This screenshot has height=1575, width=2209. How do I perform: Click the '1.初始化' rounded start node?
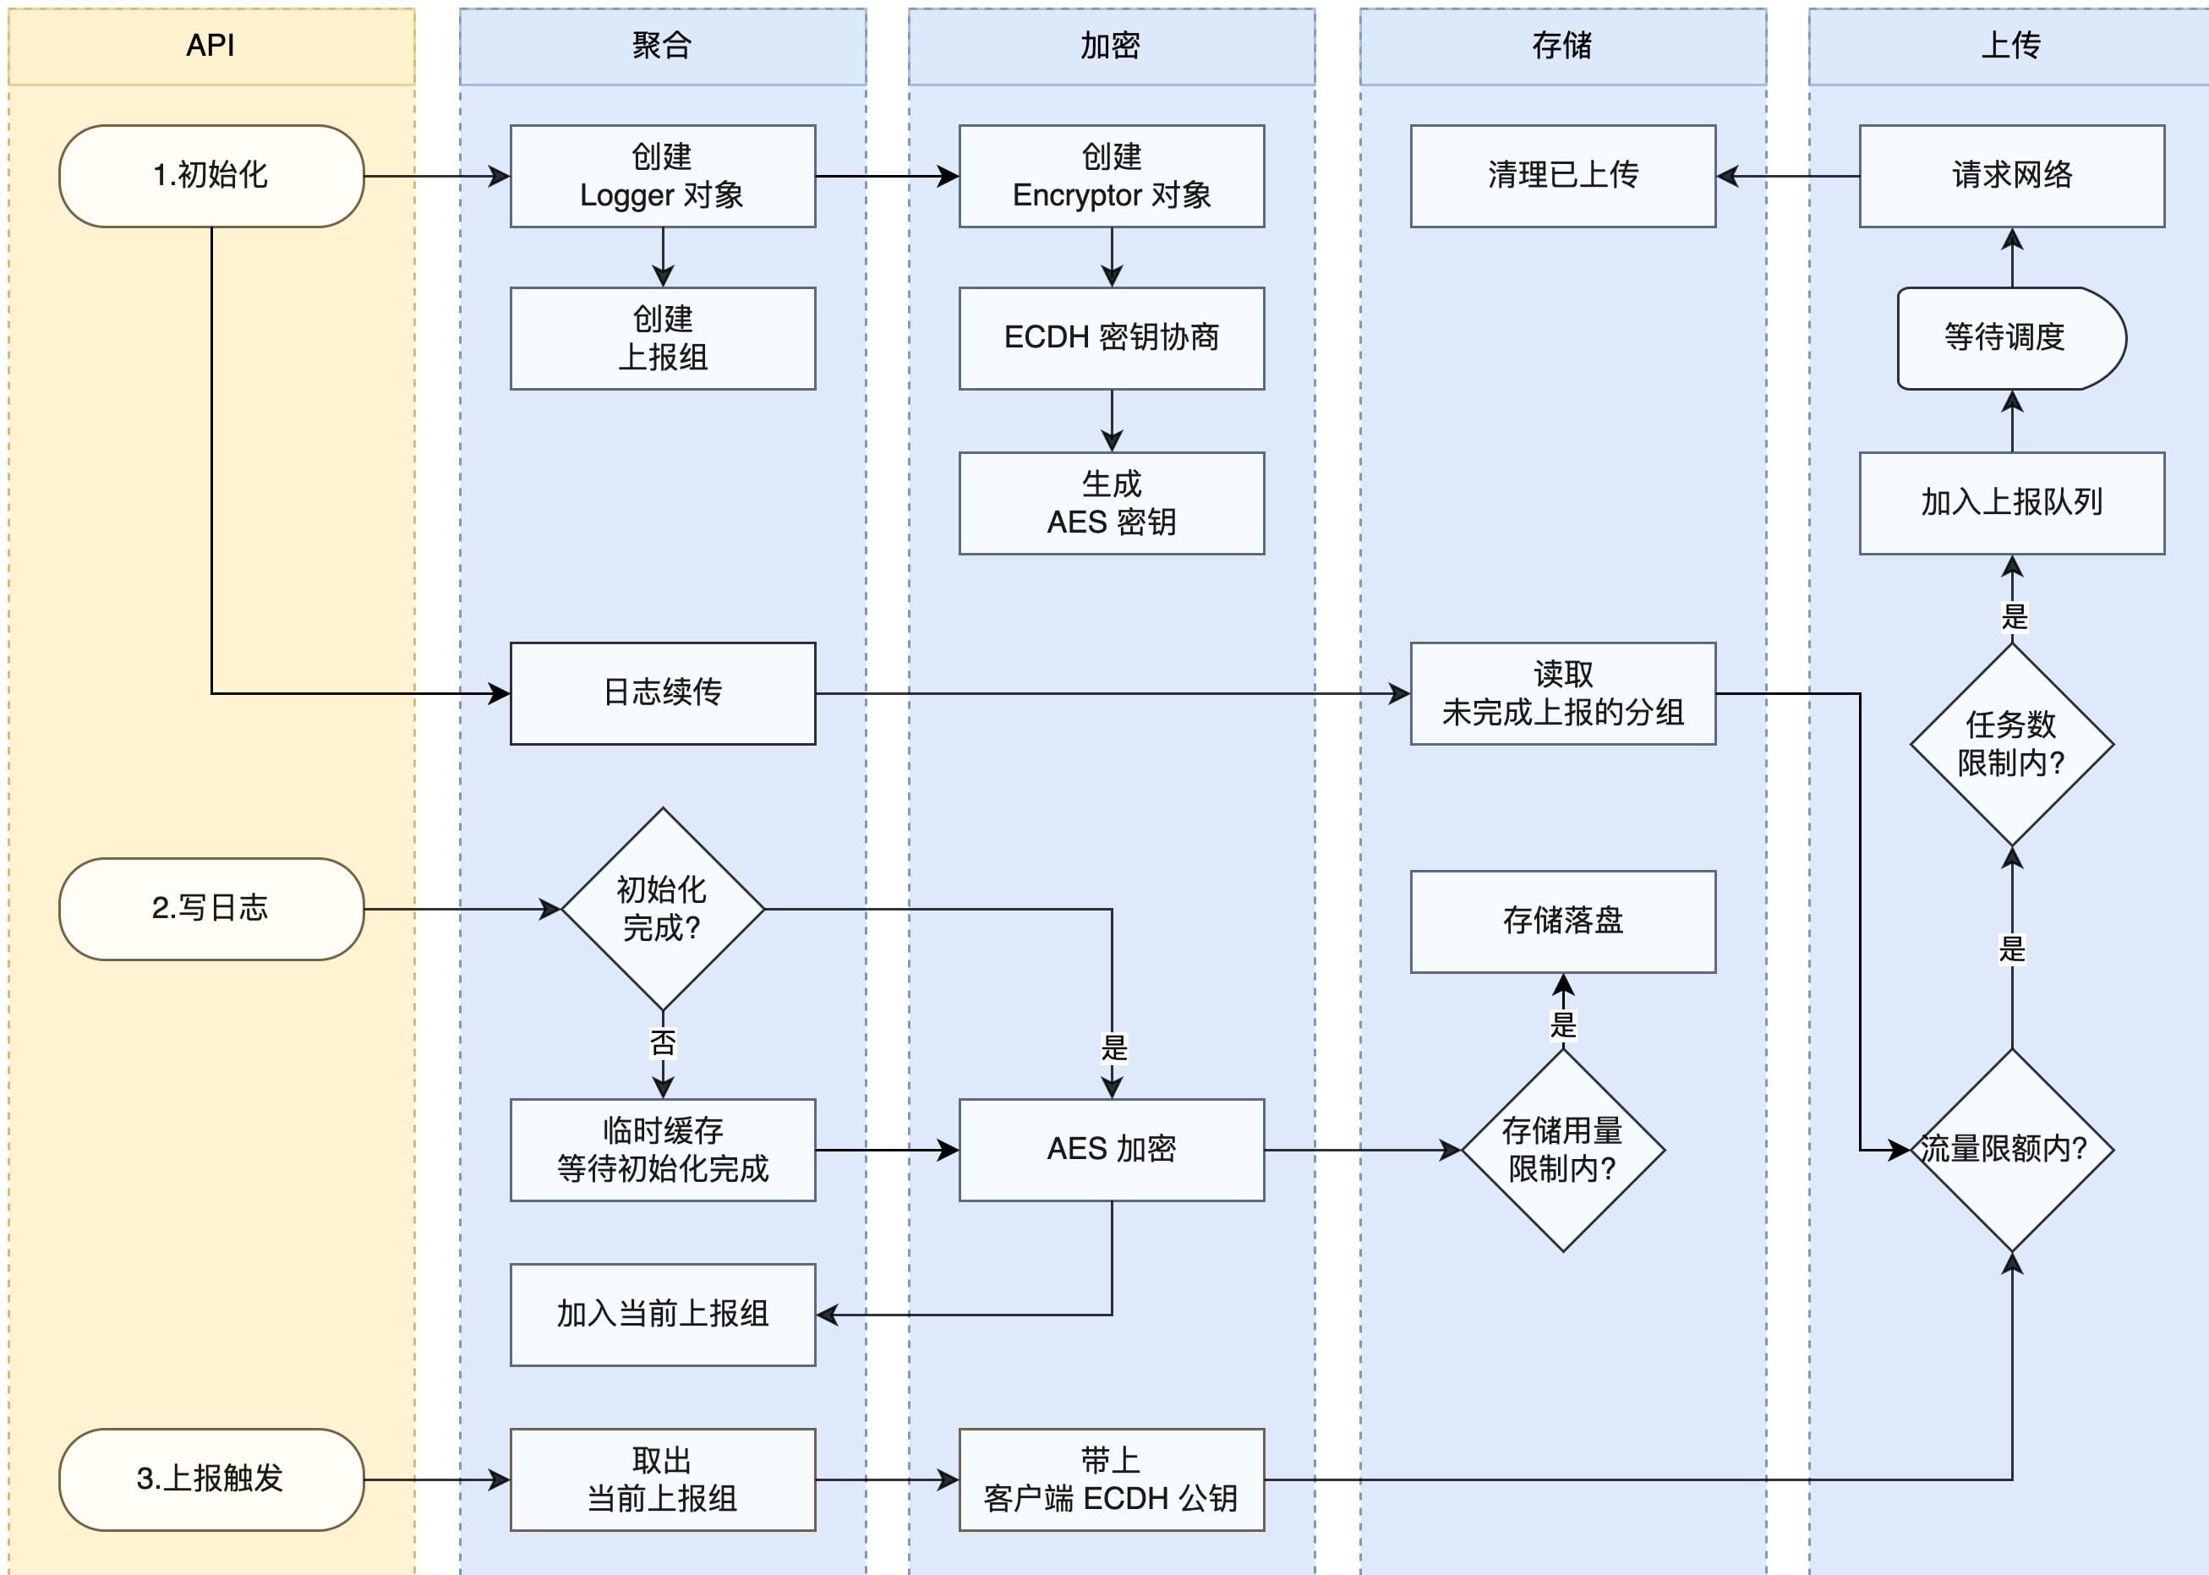tap(211, 176)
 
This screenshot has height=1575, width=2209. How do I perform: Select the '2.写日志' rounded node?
tap(211, 909)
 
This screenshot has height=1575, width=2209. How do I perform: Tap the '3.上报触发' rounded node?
tap(211, 1479)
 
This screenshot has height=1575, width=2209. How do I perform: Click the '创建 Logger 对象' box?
tap(662, 176)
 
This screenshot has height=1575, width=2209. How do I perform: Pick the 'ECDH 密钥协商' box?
tap(1112, 337)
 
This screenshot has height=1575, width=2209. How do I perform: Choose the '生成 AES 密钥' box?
tap(1112, 502)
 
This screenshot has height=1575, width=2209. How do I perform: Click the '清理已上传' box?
tap(1562, 176)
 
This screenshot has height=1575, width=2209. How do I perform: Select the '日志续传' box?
tap(662, 692)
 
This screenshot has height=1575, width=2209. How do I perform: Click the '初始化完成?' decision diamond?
tap(662, 909)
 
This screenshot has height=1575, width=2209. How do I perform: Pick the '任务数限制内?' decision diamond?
tap(2011, 744)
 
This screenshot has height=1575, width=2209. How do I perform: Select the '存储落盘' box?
tap(1562, 921)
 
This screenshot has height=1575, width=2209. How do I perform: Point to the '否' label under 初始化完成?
tap(662, 1043)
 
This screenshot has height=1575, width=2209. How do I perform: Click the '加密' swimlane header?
tap(1112, 46)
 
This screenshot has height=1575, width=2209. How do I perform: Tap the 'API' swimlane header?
tap(211, 46)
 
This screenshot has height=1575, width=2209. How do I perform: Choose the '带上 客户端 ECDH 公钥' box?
tap(1112, 1479)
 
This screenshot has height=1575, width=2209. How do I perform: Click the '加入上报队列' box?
tap(2011, 502)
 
